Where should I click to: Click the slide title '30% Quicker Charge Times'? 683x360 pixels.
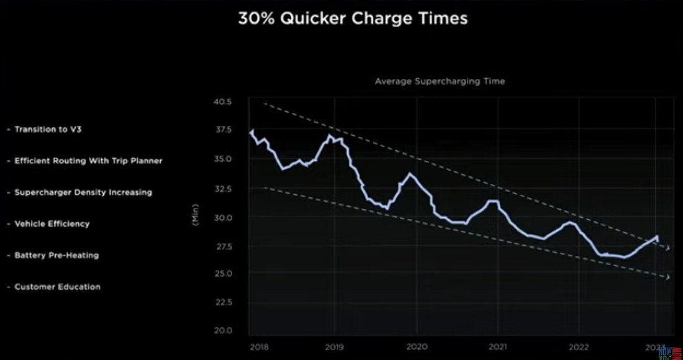353,19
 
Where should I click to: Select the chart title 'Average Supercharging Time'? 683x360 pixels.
440,81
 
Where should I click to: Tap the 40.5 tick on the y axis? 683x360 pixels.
222,101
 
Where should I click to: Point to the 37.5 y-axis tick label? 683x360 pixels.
222,130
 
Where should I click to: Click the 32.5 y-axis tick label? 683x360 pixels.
222,188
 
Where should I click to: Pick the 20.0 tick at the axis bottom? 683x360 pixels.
222,331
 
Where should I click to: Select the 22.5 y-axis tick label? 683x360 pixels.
222,302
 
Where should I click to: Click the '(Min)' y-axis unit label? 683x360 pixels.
196,215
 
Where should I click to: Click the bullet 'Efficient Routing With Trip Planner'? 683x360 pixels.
88,161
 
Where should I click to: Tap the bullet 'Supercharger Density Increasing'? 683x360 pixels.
83,192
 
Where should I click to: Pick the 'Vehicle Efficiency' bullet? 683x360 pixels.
52,223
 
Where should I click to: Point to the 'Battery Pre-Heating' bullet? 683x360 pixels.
57,255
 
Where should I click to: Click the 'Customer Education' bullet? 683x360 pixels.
57,287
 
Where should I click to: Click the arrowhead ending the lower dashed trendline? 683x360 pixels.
668,277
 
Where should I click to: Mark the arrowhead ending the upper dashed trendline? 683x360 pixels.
668,248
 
